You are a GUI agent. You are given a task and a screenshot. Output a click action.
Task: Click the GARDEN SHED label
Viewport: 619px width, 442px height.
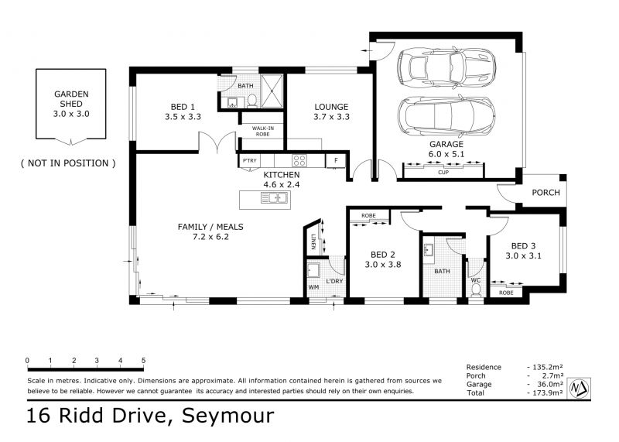point(71,99)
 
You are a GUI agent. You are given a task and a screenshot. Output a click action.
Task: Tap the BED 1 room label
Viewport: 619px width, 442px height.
point(183,107)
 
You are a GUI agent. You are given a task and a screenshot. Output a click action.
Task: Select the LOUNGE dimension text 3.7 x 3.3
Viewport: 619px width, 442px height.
point(332,117)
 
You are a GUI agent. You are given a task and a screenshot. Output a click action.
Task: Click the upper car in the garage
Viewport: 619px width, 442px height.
point(447,68)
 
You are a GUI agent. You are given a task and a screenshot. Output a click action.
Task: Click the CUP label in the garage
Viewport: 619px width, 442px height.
point(443,172)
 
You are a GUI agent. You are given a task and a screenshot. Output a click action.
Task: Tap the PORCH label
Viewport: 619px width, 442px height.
point(546,193)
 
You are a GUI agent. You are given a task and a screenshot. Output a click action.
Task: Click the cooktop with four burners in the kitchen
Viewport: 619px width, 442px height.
point(299,160)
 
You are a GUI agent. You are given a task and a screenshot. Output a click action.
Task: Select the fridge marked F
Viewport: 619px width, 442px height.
point(336,161)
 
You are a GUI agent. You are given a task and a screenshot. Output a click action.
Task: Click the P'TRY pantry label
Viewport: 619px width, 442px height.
point(249,160)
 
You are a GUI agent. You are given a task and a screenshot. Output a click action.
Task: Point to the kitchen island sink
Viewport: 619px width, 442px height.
point(275,197)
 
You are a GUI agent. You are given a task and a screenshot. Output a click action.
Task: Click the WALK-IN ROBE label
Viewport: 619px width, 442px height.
point(263,131)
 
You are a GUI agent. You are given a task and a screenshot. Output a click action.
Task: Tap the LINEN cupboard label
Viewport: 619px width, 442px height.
point(313,242)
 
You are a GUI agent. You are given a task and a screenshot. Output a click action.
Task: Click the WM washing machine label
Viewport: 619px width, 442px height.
point(313,287)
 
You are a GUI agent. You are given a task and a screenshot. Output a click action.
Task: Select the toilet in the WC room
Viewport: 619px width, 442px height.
point(476,290)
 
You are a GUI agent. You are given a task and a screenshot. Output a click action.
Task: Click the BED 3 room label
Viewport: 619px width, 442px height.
point(524,245)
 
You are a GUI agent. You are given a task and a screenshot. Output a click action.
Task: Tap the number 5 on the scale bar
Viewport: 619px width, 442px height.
point(143,360)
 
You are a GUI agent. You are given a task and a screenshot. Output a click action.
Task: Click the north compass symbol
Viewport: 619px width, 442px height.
point(579,389)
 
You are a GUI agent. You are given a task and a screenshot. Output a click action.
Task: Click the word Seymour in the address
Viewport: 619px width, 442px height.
point(227,416)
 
